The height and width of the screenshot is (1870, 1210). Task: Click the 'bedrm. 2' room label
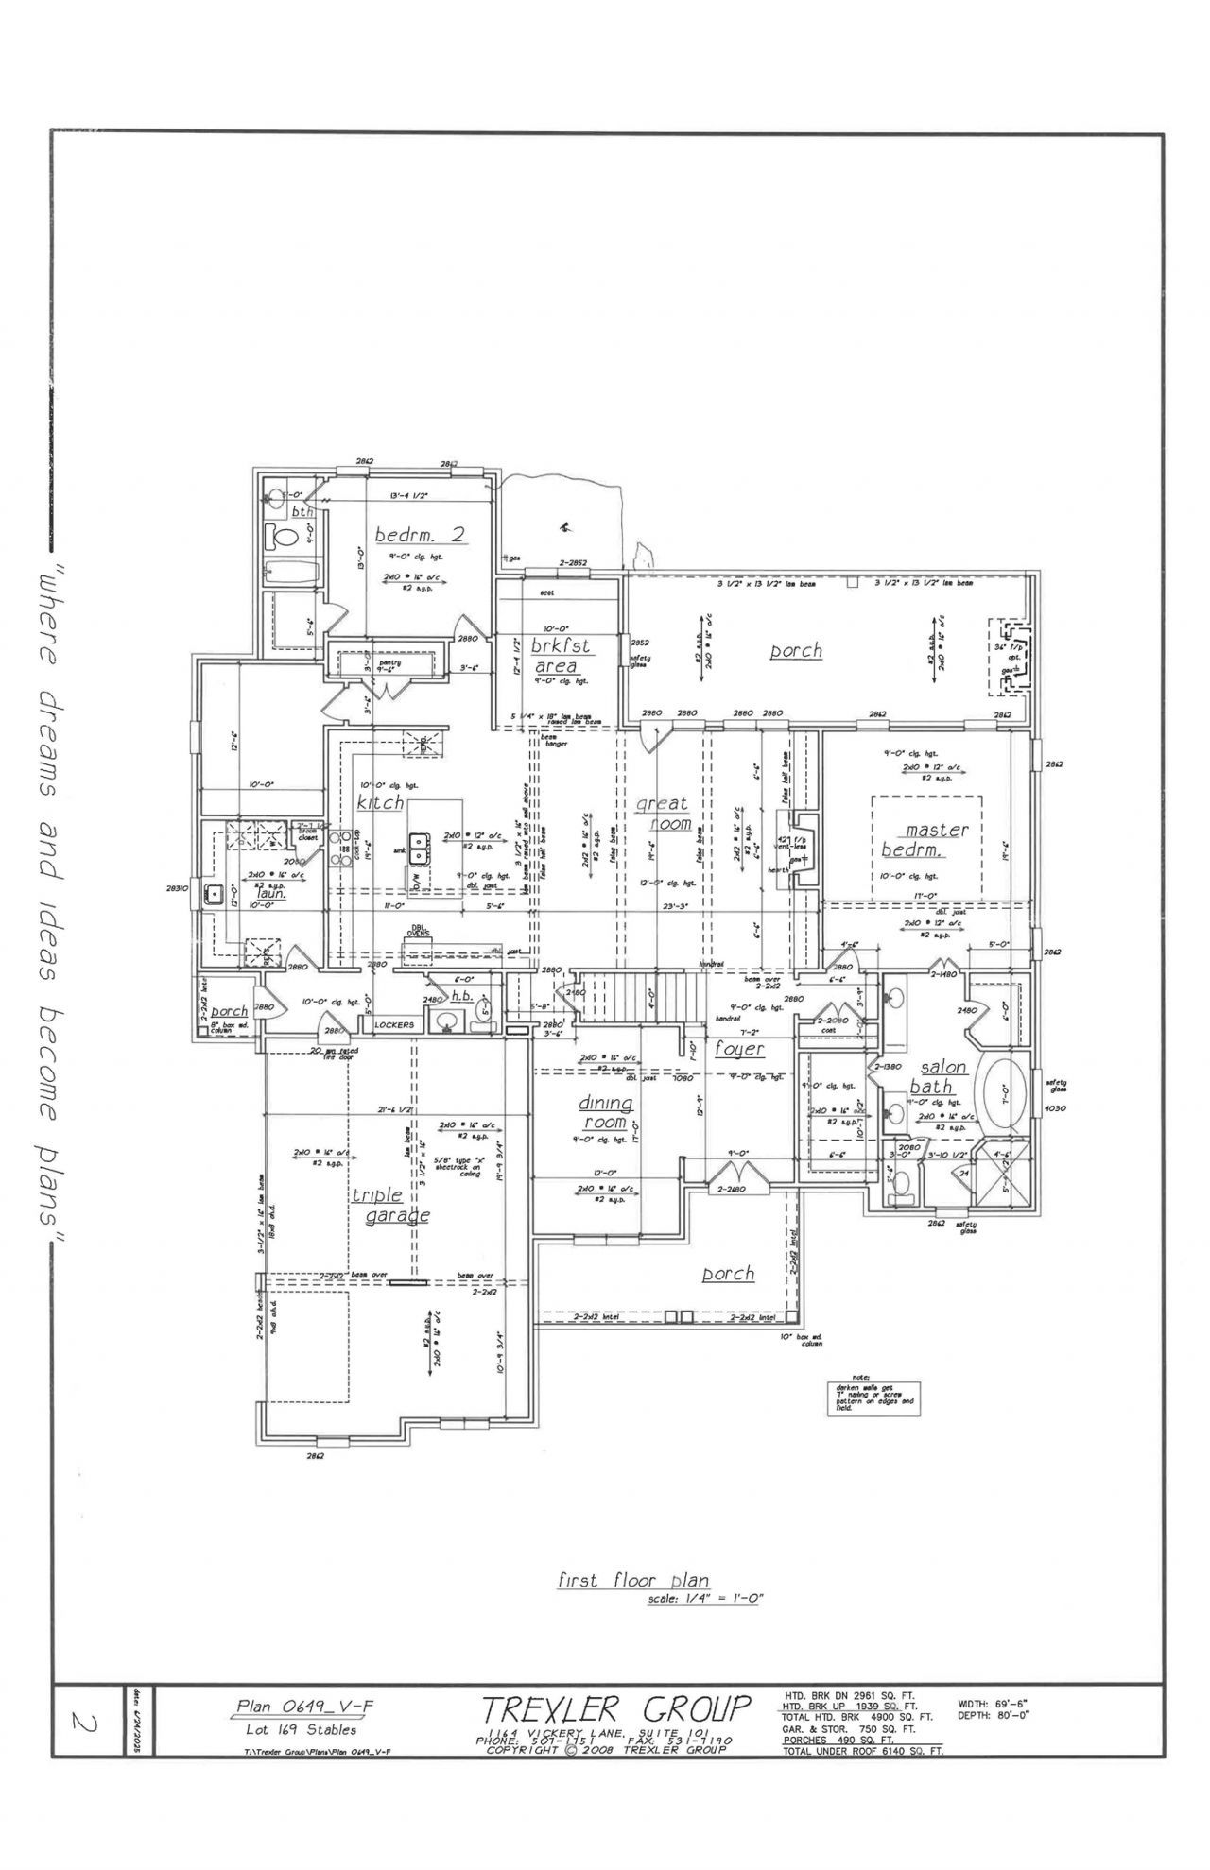pyautogui.click(x=420, y=535)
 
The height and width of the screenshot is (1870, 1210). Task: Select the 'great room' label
pyautogui.click(x=662, y=814)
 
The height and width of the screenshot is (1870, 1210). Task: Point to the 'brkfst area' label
pyautogui.click(x=560, y=656)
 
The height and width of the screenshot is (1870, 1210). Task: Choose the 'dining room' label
pyautogui.click(x=605, y=1113)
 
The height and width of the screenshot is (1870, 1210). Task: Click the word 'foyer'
pyautogui.click(x=739, y=1049)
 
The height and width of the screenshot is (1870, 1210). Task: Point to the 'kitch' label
pyautogui.click(x=380, y=802)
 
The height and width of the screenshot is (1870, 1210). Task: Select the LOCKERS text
pyautogui.click(x=394, y=1024)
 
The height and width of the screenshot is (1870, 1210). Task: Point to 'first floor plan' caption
pyautogui.click(x=632, y=1581)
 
